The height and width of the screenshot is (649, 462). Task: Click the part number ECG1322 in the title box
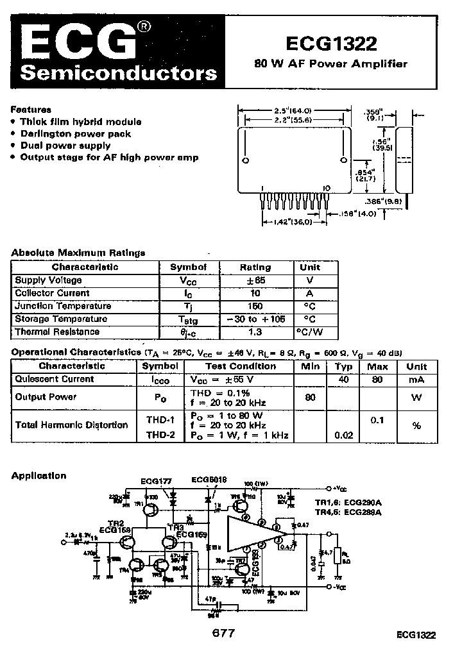tap(331, 43)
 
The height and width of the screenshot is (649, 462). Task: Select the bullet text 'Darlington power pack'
tap(76, 133)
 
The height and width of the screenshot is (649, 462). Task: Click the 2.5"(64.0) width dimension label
tap(294, 110)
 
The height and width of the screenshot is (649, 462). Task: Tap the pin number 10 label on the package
tap(327, 187)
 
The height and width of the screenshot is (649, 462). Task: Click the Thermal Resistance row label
tap(57, 332)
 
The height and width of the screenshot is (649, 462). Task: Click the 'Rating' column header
tap(255, 267)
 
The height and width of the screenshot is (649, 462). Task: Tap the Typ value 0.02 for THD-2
tap(343, 435)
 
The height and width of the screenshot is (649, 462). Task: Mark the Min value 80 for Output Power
tap(311, 397)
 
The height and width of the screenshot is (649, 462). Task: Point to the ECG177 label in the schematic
tap(156, 480)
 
